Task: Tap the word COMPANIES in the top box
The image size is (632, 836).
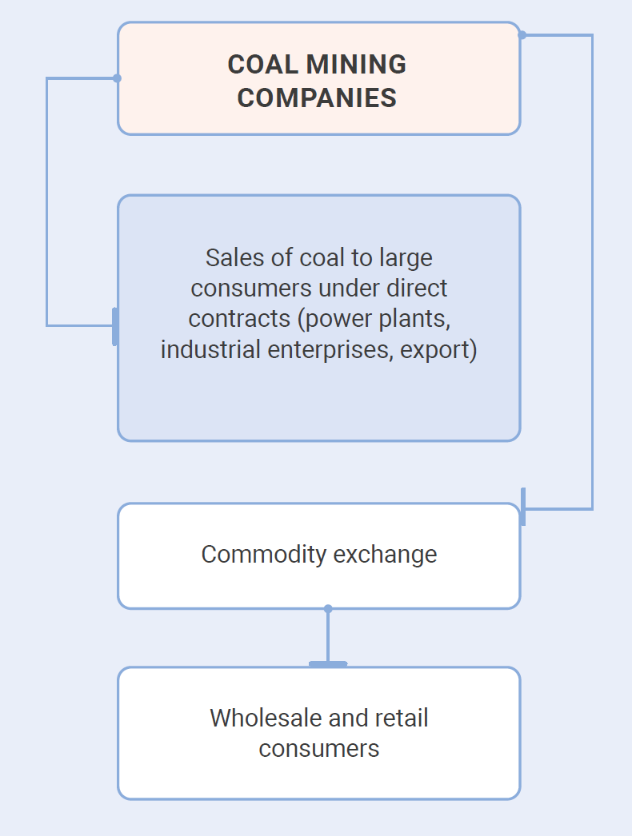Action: point(318,98)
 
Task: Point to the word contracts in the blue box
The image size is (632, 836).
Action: point(239,318)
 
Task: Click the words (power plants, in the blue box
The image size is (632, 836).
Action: point(374,318)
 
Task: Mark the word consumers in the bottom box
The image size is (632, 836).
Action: point(318,748)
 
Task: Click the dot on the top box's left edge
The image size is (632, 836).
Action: point(118,78)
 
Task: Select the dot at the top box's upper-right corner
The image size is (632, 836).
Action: point(522,35)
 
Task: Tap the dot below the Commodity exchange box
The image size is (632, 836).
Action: point(328,609)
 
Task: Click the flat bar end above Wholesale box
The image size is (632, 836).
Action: point(328,663)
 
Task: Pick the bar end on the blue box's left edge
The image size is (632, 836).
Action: point(115,326)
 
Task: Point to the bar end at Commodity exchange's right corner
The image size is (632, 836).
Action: point(522,508)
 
